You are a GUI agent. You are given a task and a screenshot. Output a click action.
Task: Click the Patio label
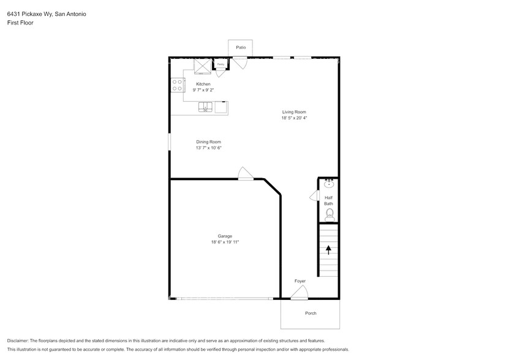[x=240, y=47]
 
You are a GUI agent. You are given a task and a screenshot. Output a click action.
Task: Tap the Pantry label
[x=220, y=64]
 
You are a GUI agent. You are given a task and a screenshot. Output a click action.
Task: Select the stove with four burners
[x=177, y=85]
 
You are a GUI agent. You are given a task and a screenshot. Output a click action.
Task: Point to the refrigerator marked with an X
[x=202, y=66]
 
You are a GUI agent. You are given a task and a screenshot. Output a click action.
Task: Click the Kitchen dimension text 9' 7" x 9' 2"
[x=203, y=90]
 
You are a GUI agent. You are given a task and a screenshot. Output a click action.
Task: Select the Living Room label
[x=294, y=112]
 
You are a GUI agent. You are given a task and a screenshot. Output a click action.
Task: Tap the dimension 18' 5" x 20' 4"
[x=294, y=118]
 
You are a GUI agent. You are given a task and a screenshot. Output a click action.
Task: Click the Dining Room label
[x=208, y=141]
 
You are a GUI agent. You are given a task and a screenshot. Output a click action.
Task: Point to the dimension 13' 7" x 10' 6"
[x=208, y=148]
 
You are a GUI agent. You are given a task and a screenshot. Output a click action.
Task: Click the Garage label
[x=225, y=236]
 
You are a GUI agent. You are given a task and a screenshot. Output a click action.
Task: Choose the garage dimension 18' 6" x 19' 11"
[x=225, y=242]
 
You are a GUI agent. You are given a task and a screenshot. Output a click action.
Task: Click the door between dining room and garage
[x=245, y=174]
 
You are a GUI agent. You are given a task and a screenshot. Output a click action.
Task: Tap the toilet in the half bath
[x=329, y=214]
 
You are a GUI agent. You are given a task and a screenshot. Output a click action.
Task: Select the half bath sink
[x=329, y=183]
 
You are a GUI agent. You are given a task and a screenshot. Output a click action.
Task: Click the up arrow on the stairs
[x=329, y=249]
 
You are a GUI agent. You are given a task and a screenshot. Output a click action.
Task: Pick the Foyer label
[x=300, y=281]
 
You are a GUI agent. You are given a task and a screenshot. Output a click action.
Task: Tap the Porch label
[x=311, y=313]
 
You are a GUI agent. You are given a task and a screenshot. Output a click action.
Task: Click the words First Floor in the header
[x=20, y=22]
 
